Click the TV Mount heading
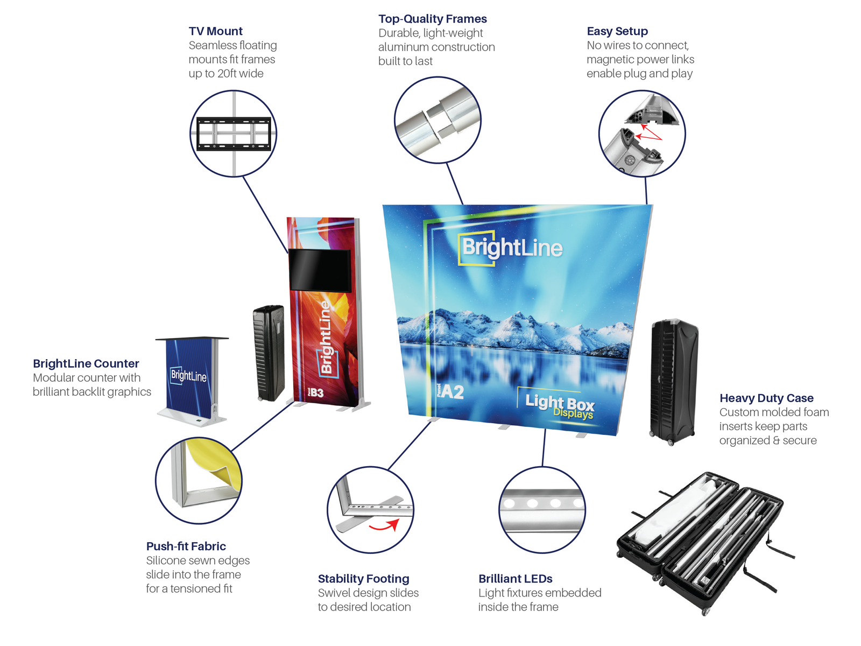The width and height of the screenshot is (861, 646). click(x=215, y=31)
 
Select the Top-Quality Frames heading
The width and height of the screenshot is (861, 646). click(x=432, y=19)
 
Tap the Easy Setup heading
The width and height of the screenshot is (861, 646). click(x=617, y=31)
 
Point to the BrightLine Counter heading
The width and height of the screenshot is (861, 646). click(x=86, y=364)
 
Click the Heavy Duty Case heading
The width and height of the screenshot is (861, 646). click(x=766, y=398)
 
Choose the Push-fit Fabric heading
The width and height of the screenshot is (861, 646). click(x=186, y=546)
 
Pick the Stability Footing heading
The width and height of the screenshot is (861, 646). click(x=363, y=579)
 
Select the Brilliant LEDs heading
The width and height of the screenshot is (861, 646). click(x=515, y=579)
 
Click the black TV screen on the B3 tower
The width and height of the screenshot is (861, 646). click(x=320, y=270)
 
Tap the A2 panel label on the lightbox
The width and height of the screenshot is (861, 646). click(x=451, y=391)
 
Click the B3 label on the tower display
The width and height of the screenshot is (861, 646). click(x=315, y=393)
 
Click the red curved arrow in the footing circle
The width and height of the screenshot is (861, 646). click(x=384, y=525)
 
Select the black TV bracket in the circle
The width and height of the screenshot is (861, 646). click(x=234, y=134)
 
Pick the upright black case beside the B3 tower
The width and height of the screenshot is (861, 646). click(x=269, y=353)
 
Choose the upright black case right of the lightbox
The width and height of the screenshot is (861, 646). click(x=674, y=381)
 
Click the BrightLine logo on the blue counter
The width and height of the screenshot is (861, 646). click(x=188, y=375)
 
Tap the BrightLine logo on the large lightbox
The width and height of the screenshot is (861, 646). click(x=511, y=248)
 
